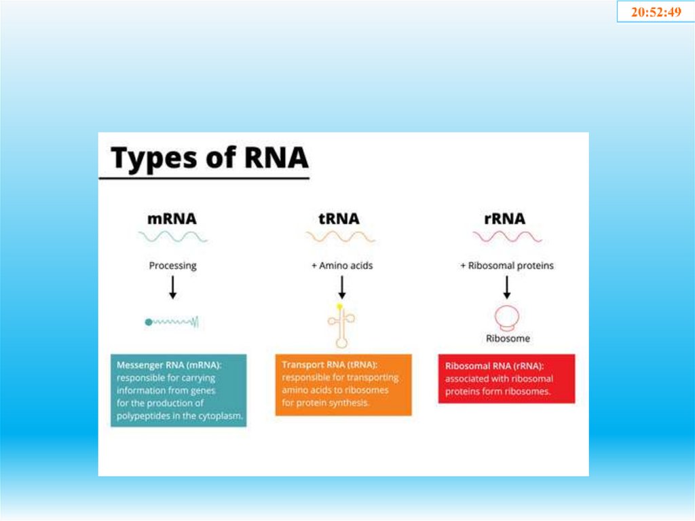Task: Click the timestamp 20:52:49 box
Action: pyautogui.click(x=656, y=12)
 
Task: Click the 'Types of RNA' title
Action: pyautogui.click(x=210, y=158)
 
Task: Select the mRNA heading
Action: pyautogui.click(x=172, y=219)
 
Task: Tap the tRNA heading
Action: pyautogui.click(x=339, y=219)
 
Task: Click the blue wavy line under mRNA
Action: pyautogui.click(x=173, y=236)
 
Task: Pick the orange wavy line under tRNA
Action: pyautogui.click(x=339, y=236)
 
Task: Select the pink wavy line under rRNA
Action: pyautogui.click(x=507, y=236)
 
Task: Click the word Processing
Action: pyautogui.click(x=172, y=266)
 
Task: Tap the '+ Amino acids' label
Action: pyautogui.click(x=341, y=266)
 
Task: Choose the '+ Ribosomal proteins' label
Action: pyautogui.click(x=507, y=266)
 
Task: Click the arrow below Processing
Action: pyautogui.click(x=172, y=288)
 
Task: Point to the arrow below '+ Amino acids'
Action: pyautogui.click(x=341, y=288)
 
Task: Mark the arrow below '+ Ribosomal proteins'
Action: pyautogui.click(x=507, y=288)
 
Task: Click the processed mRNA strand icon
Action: pyautogui.click(x=172, y=322)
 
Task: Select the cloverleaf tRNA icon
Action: pyautogui.click(x=341, y=325)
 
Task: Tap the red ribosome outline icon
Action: pyautogui.click(x=507, y=318)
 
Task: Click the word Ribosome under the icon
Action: pyautogui.click(x=507, y=338)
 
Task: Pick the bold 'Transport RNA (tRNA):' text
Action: pyautogui.click(x=329, y=365)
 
